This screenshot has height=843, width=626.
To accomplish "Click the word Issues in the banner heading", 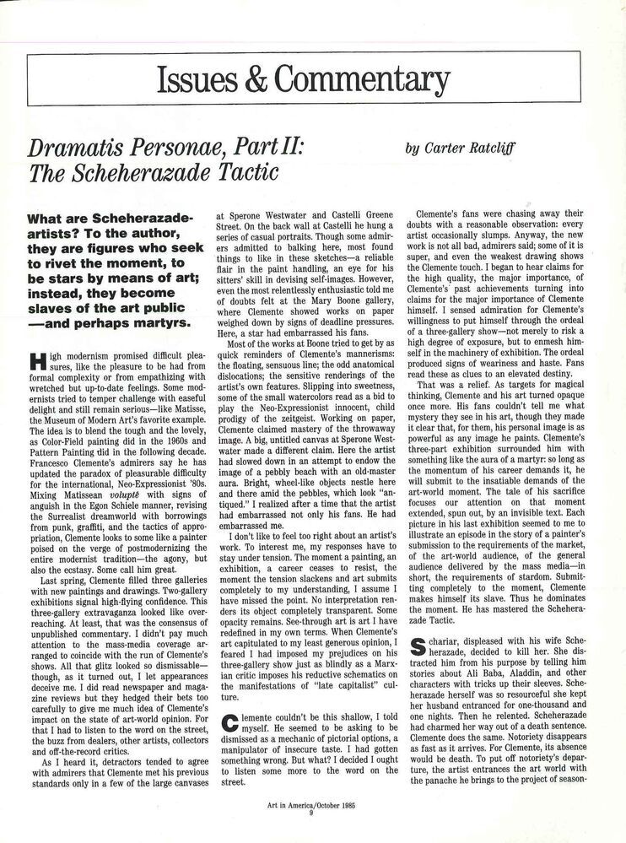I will pyautogui.click(x=197, y=80).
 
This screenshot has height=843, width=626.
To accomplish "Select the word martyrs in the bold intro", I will pyautogui.click(x=164, y=322).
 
